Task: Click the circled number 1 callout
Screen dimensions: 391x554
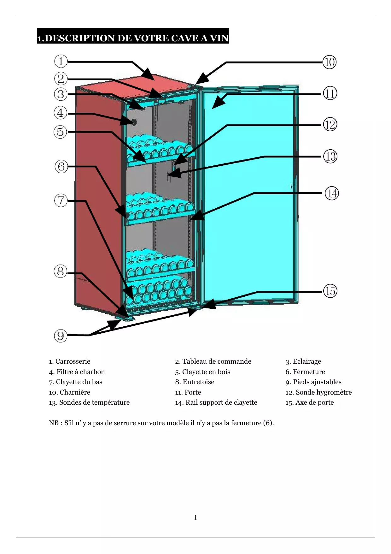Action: pos(61,61)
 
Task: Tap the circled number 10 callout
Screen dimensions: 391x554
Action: pos(330,62)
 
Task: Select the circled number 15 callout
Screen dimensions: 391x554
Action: pos(330,291)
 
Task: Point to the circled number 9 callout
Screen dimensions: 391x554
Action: pos(61,336)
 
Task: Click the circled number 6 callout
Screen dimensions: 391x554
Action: pos(61,166)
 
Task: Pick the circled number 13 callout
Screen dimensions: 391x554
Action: pos(330,157)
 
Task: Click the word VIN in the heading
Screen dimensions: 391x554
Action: pos(219,38)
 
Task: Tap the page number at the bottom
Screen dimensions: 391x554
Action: pos(195,517)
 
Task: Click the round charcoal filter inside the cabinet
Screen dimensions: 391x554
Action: pos(134,122)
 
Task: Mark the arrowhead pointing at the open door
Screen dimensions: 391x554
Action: pos(219,102)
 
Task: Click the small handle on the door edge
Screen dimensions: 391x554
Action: pos(292,186)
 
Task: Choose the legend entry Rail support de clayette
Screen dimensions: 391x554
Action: pos(216,402)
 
